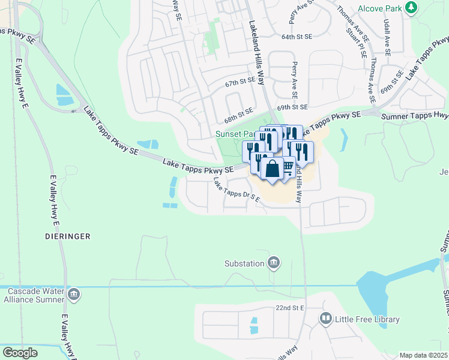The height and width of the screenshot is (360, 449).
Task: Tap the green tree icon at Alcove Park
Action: click(411, 8)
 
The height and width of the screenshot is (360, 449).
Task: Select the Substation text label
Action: click(244, 263)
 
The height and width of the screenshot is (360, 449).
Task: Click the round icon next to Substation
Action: click(274, 262)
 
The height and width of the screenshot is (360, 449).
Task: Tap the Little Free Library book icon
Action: click(326, 318)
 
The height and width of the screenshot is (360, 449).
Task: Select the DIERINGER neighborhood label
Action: click(67, 236)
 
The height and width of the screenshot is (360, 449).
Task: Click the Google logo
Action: click(20, 353)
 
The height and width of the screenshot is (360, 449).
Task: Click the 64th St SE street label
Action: click(297, 37)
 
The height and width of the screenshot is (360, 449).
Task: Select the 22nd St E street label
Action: click(291, 308)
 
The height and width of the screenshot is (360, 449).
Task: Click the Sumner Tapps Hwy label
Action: click(415, 115)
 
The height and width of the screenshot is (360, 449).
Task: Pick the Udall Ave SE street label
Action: click(386, 37)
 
